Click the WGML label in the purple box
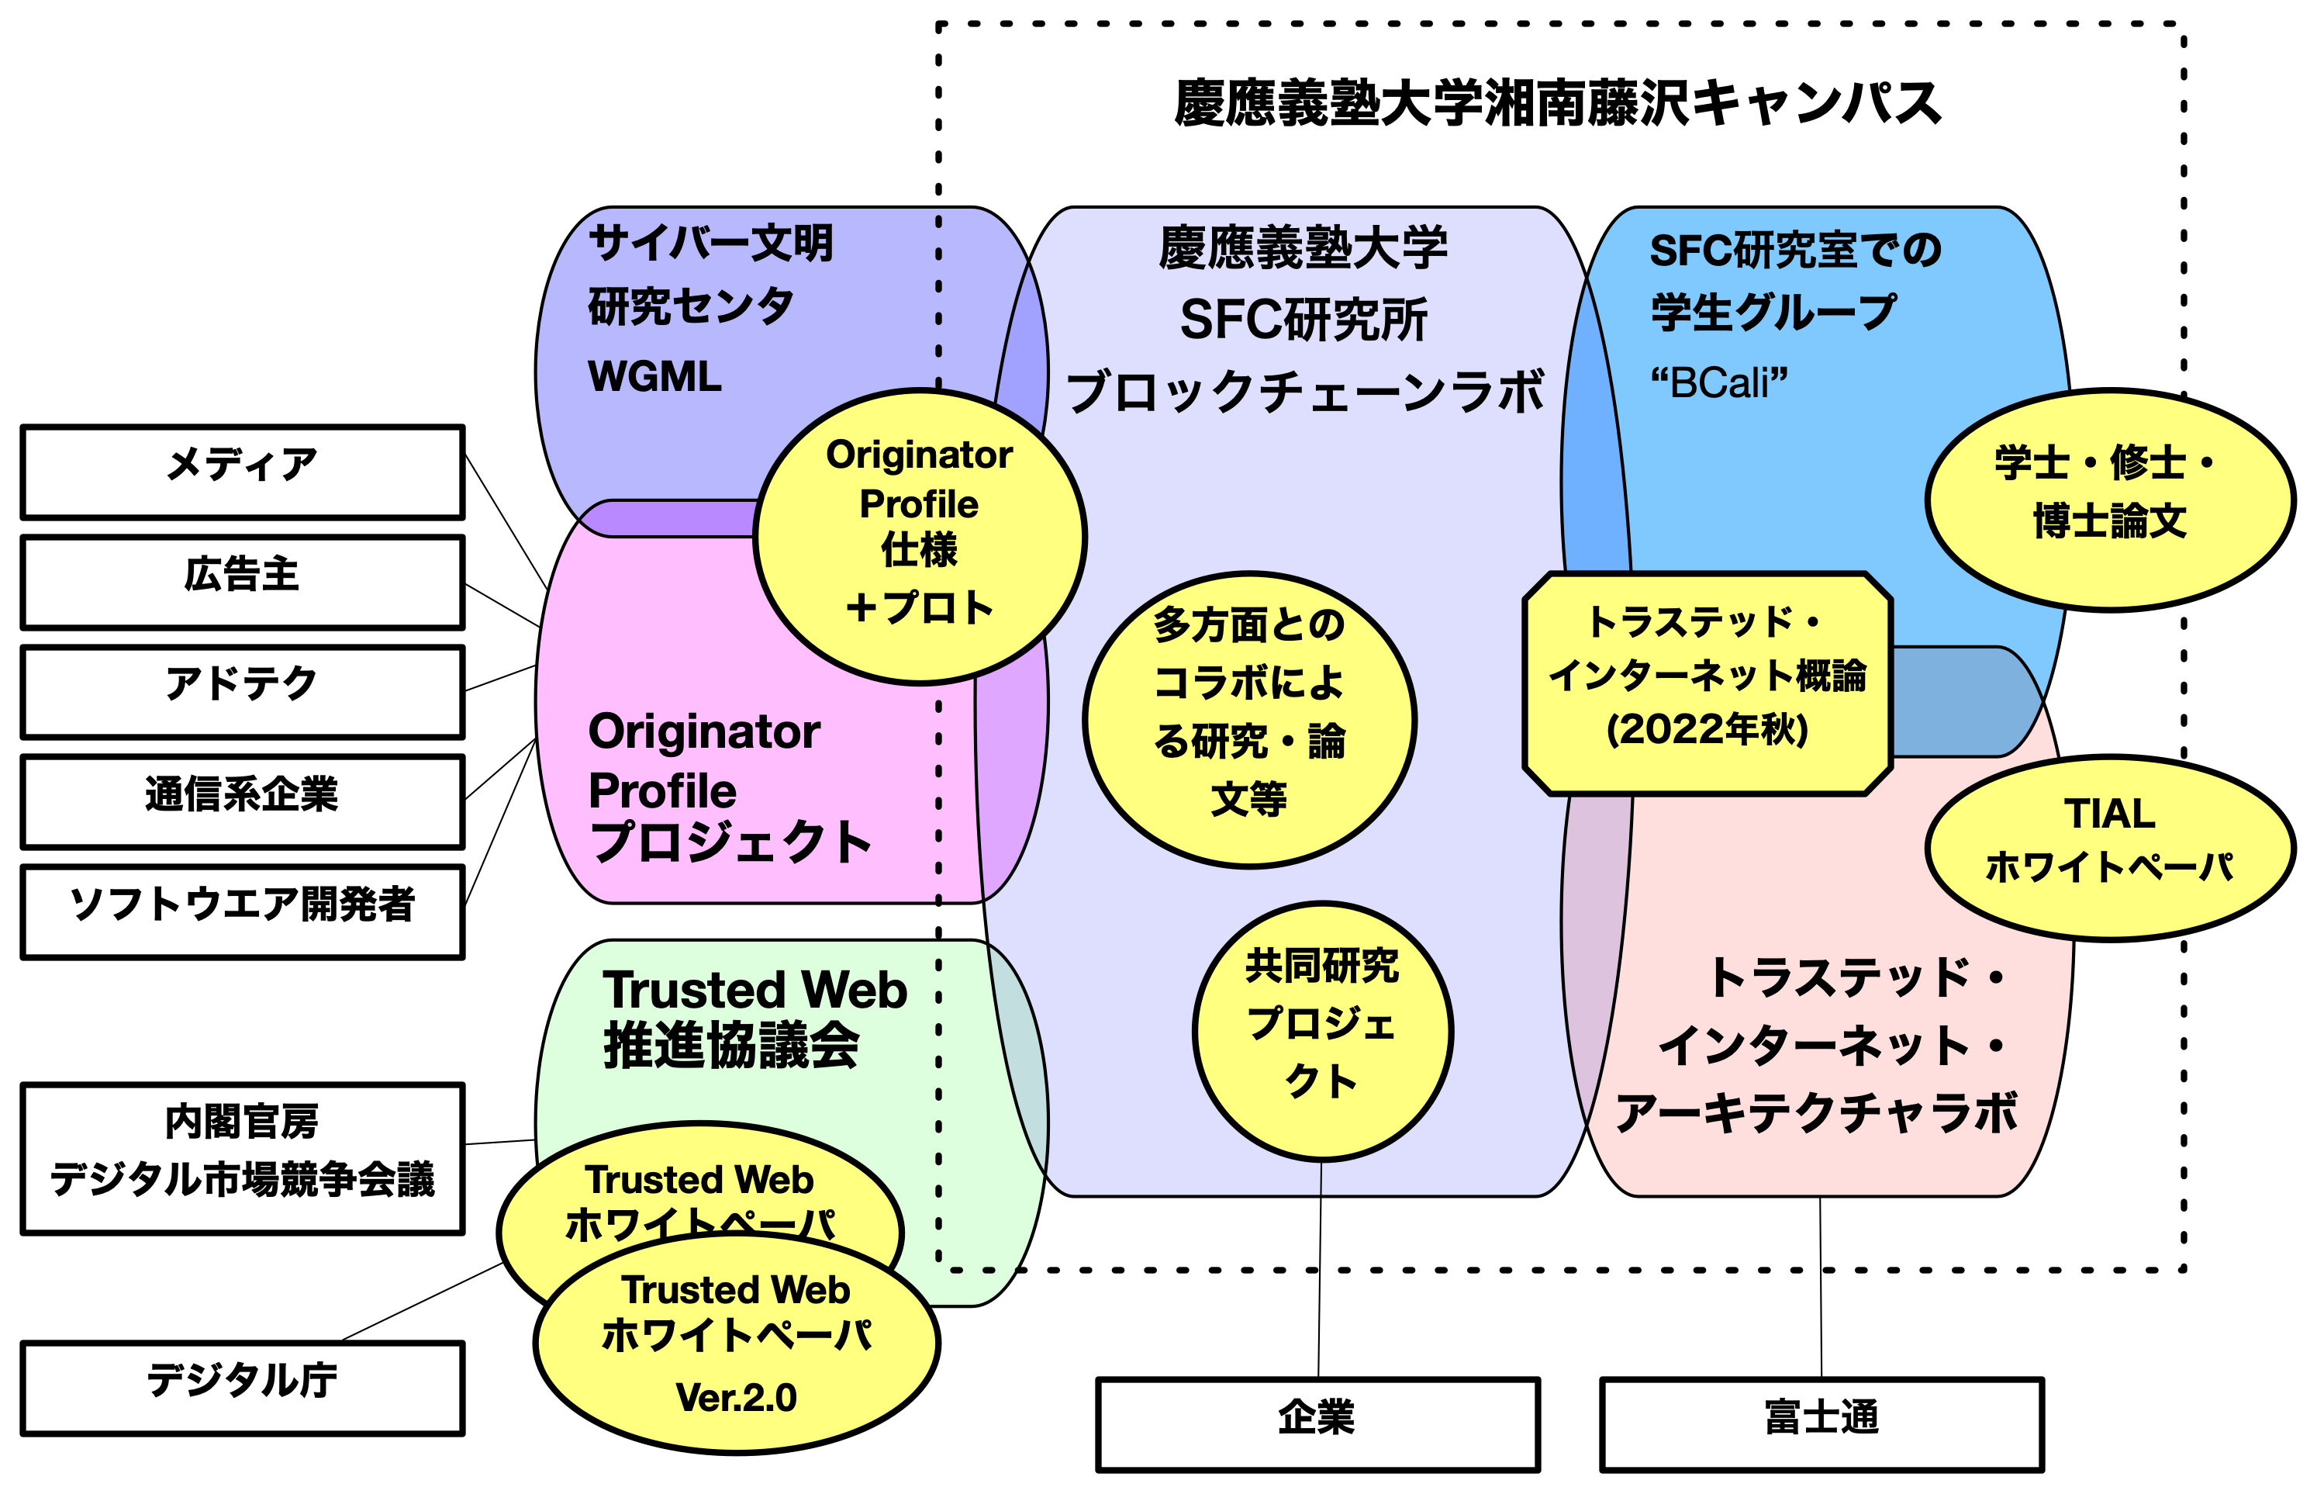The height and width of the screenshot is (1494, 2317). pyautogui.click(x=654, y=376)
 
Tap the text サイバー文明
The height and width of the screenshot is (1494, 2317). pyautogui.click(x=711, y=243)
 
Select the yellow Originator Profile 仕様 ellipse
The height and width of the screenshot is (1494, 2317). pyautogui.click(x=920, y=537)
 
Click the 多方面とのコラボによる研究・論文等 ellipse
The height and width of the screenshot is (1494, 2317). pyautogui.click(x=1249, y=719)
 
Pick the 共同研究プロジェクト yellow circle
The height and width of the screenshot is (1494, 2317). pyautogui.click(x=1322, y=1030)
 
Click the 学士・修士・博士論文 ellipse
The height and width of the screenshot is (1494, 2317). pyautogui.click(x=2108, y=500)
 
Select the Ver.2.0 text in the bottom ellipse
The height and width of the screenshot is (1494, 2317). pyautogui.click(x=736, y=1397)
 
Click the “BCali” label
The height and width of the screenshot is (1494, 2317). pyautogui.click(x=1718, y=383)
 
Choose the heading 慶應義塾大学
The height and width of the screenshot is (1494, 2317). pyautogui.click(x=1304, y=248)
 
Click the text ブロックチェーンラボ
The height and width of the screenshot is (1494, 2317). pyautogui.click(x=1304, y=392)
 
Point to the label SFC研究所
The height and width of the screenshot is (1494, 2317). pyautogui.click(x=1304, y=320)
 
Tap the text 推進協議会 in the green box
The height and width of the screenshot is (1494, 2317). pyautogui.click(x=731, y=1046)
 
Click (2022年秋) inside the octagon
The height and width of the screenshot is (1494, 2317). pyautogui.click(x=1707, y=729)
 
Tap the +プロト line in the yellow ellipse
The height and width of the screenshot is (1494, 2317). pyautogui.click(x=920, y=607)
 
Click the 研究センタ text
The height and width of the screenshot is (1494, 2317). pyautogui.click(x=691, y=306)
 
